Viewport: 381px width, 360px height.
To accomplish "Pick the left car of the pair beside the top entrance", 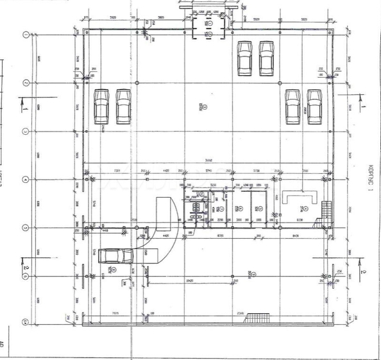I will tap(244, 58).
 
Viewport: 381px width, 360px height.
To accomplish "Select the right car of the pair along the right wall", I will tap(314, 106).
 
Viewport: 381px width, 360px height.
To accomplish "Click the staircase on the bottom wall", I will tap(258, 318).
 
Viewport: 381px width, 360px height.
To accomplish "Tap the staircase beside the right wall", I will tap(326, 210).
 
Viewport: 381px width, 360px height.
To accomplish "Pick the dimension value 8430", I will tap(296, 236).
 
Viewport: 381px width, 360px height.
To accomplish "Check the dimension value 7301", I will tap(117, 171).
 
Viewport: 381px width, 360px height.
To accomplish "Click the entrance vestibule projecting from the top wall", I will tap(210, 28).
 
